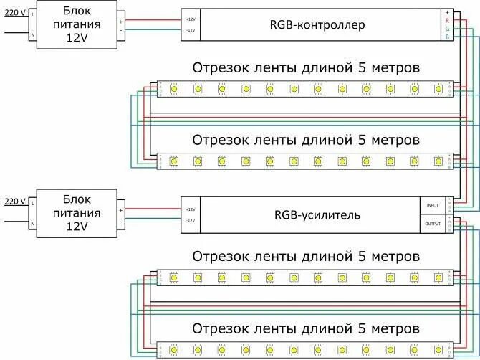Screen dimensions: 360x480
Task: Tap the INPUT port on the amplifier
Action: pyautogui.click(x=433, y=205)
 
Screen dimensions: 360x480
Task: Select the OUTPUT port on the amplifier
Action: pyautogui.click(x=433, y=224)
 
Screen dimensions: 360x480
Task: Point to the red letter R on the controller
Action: pyautogui.click(x=447, y=21)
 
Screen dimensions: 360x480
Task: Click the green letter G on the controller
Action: pyautogui.click(x=447, y=29)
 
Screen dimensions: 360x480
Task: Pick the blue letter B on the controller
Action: pyautogui.click(x=447, y=37)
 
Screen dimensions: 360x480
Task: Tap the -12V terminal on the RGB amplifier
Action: pyautogui.click(x=190, y=220)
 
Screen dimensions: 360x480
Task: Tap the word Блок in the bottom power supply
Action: pyautogui.click(x=77, y=199)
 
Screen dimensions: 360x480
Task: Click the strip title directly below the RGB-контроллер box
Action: pyautogui.click(x=305, y=67)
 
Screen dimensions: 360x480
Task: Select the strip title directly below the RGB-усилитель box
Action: pyautogui.click(x=305, y=256)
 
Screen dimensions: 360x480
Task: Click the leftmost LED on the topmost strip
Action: pyautogui.click(x=174, y=88)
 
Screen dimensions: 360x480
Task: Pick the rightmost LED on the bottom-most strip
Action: pyautogui.click(x=436, y=350)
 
